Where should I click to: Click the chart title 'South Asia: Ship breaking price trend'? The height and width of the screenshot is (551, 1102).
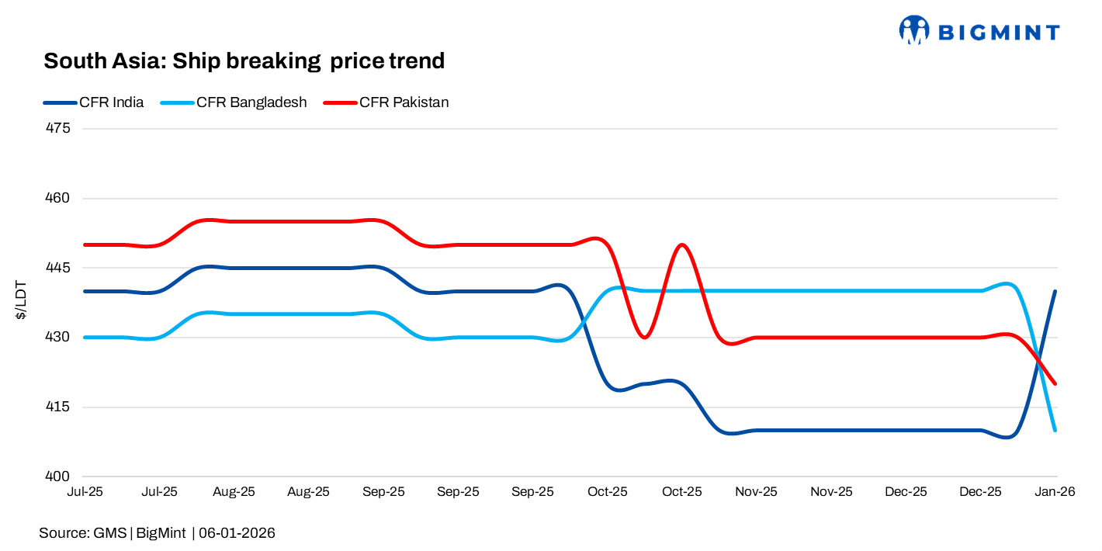[x=244, y=61]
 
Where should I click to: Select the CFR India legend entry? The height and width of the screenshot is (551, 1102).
[x=111, y=102]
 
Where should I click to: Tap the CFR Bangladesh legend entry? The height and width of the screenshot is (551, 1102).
[x=251, y=102]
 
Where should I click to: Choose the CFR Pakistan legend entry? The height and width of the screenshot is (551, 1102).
[x=404, y=102]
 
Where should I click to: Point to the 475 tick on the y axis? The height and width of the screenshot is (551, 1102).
[x=59, y=128]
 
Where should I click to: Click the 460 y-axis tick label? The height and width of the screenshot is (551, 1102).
[x=59, y=198]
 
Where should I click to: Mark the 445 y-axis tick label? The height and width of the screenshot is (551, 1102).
[x=59, y=268]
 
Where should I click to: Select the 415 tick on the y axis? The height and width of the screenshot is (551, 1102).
[x=59, y=407]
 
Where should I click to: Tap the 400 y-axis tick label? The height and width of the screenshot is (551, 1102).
[x=59, y=476]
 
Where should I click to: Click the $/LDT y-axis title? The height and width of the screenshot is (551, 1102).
[x=22, y=303]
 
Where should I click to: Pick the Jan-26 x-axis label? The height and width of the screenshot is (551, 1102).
[x=1055, y=492]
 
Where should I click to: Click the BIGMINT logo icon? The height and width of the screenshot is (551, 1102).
[x=913, y=30]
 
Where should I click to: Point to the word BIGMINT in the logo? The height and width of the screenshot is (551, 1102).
[x=999, y=32]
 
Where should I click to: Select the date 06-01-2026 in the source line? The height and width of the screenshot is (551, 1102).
[x=237, y=533]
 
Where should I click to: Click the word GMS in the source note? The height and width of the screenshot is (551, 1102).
[x=109, y=533]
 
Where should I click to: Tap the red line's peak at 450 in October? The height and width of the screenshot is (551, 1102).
[x=681, y=245]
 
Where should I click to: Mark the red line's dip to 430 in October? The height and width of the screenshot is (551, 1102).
[x=644, y=338]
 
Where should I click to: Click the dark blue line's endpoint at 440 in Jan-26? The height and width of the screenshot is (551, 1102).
[x=1055, y=291]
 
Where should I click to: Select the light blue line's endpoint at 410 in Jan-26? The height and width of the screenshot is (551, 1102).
[x=1055, y=430]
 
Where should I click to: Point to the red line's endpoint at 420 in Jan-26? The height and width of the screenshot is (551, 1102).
[x=1055, y=383]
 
